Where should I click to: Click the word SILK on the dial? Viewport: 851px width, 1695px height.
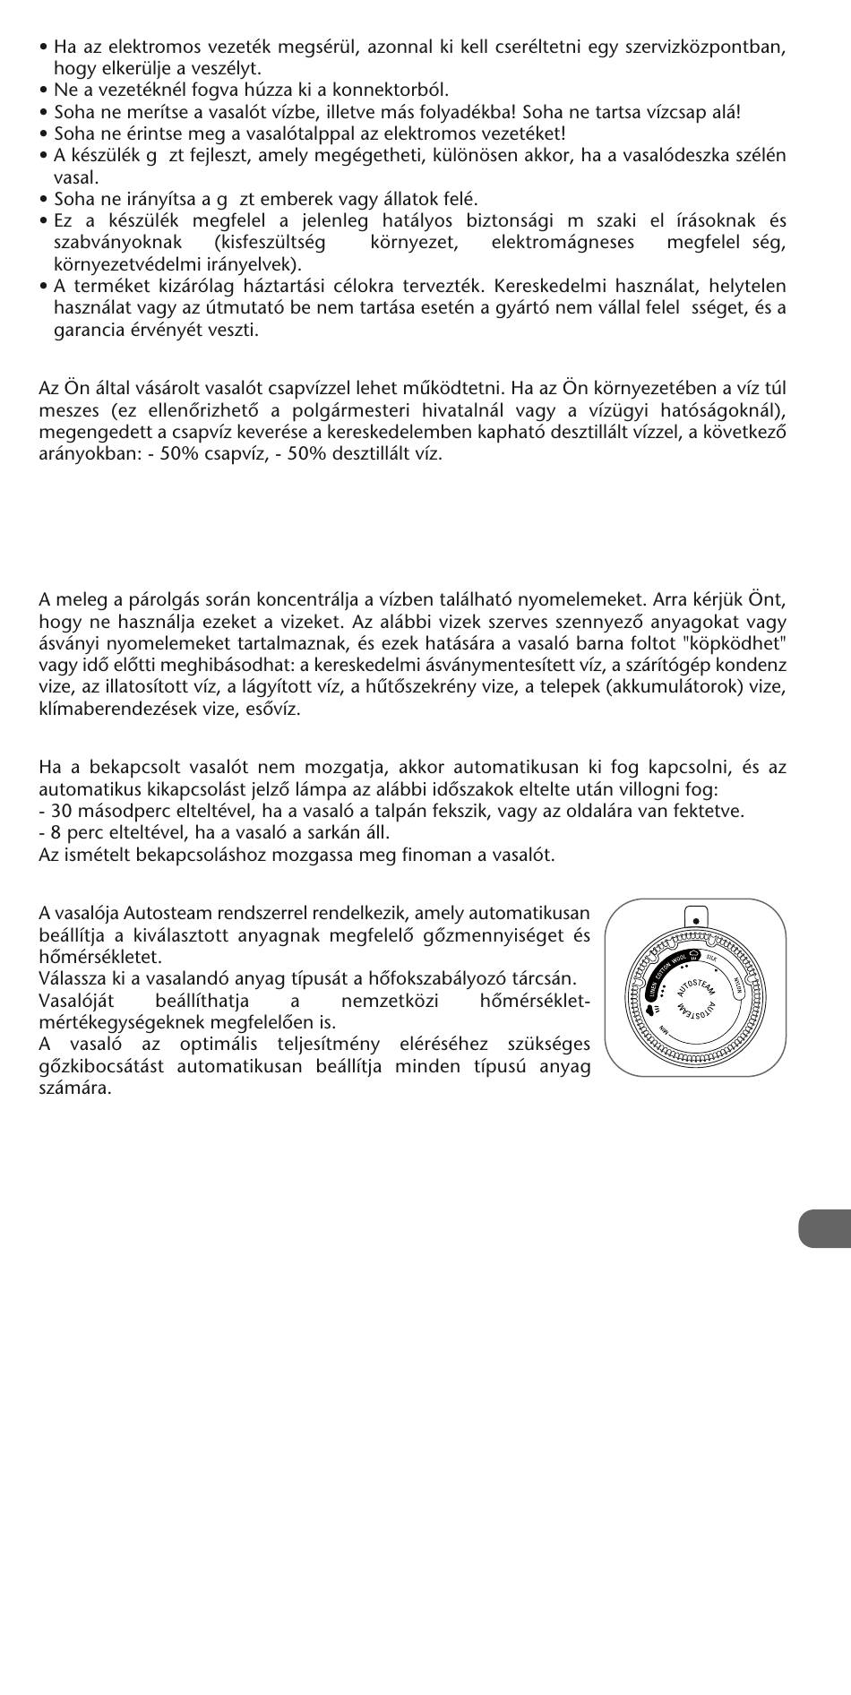[x=712, y=958]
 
